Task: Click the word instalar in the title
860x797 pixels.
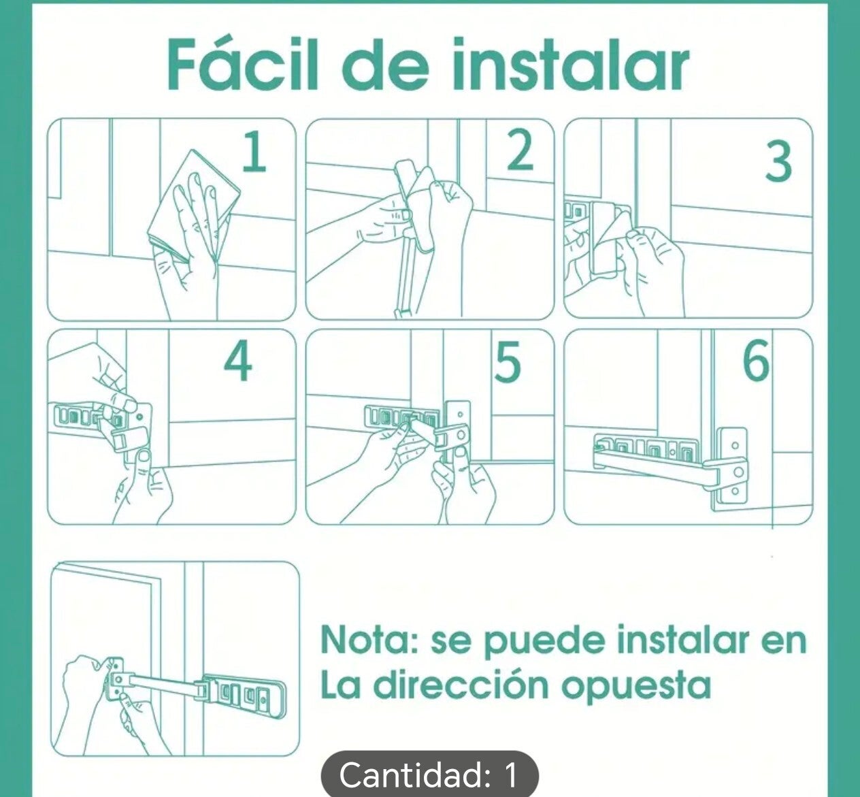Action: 570,65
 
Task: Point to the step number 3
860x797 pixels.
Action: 778,163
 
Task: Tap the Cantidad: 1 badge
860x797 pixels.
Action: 429,776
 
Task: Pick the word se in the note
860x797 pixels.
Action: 450,645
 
